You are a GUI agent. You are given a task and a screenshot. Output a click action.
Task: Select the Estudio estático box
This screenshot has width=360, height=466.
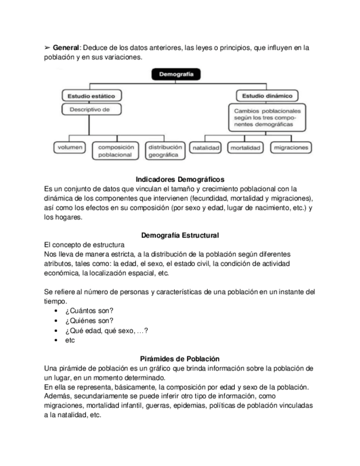(x=91, y=96)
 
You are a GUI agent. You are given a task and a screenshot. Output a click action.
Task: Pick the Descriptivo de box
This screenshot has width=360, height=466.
(x=91, y=109)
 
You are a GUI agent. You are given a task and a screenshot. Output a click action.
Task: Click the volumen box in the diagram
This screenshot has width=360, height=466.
(x=70, y=148)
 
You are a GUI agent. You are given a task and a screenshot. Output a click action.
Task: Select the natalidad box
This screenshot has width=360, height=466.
(x=206, y=148)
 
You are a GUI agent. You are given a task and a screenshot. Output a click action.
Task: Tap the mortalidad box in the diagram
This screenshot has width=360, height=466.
(x=245, y=148)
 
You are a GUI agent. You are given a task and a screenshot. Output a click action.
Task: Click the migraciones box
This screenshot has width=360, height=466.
(x=290, y=148)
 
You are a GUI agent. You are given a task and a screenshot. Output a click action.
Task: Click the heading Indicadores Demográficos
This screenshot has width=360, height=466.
(x=180, y=179)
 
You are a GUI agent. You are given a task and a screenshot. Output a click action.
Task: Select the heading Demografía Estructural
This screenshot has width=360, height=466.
(x=180, y=235)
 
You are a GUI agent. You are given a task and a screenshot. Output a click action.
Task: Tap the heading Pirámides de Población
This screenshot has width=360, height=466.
(x=180, y=358)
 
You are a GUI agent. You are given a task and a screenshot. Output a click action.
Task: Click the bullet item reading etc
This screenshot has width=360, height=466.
(x=70, y=340)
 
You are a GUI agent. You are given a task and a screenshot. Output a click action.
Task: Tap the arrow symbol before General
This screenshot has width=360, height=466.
(x=47, y=48)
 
